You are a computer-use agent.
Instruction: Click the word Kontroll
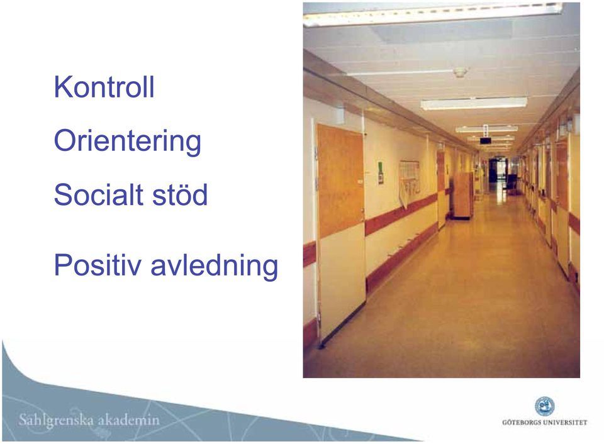pyautogui.click(x=104, y=87)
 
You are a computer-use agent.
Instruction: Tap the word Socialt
pyautogui.click(x=99, y=194)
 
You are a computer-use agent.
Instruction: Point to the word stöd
pyautogui.click(x=181, y=194)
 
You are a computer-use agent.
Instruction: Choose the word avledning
pyautogui.click(x=214, y=265)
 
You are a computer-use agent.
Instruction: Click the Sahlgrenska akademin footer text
pyautogui.click(x=89, y=420)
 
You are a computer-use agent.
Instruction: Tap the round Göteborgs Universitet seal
pyautogui.click(x=545, y=407)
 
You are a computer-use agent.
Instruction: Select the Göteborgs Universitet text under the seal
pyautogui.click(x=545, y=423)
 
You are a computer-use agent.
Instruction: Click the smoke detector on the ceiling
pyautogui.click(x=461, y=72)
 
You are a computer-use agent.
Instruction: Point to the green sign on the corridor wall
pyautogui.click(x=381, y=172)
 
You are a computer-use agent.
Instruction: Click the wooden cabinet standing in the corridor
pyautogui.click(x=463, y=196)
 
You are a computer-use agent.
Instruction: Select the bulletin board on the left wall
pyautogui.click(x=410, y=179)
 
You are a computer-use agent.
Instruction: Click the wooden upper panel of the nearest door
pyautogui.click(x=340, y=180)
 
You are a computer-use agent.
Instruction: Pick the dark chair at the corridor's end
pyautogui.click(x=511, y=183)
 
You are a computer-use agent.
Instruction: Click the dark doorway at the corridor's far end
pyautogui.click(x=493, y=170)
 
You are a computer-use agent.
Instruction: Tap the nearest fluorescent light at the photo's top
pyautogui.click(x=432, y=14)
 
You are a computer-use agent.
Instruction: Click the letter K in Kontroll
pyautogui.click(x=62, y=87)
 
